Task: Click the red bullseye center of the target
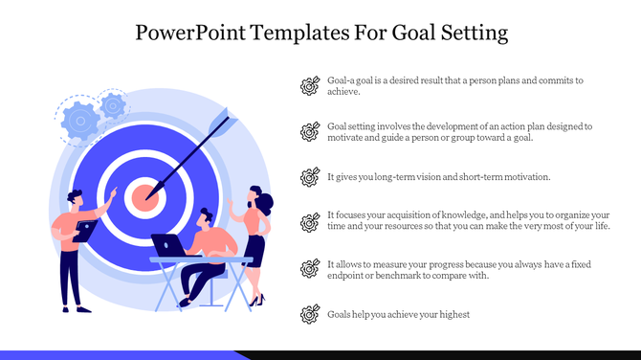(x=144, y=198)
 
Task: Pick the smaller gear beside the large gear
(x=114, y=103)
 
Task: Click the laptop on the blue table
(x=170, y=246)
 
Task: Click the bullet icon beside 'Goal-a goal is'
(x=309, y=86)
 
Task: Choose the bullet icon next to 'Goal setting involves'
(x=309, y=131)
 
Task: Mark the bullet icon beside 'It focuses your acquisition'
(x=309, y=222)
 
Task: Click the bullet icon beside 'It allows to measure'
(x=309, y=268)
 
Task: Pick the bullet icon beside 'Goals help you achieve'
(x=309, y=313)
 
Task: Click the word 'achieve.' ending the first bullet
(x=343, y=93)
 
